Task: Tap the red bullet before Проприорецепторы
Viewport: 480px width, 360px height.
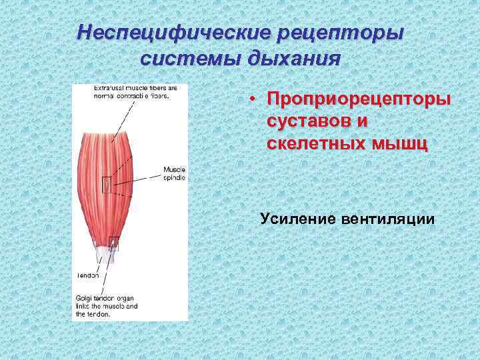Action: pos(254,99)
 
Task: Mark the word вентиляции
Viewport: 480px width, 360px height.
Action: pos(395,218)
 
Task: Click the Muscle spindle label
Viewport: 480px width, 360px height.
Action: pos(175,174)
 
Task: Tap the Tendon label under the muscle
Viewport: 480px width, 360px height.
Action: pos(87,274)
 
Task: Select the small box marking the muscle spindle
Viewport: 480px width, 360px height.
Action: pos(106,184)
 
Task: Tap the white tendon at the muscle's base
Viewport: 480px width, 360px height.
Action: pos(106,254)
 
